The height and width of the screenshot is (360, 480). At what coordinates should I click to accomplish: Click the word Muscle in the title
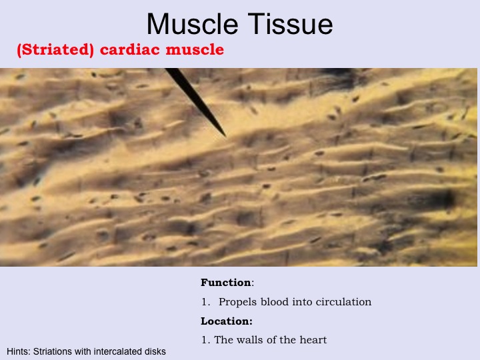(x=192, y=24)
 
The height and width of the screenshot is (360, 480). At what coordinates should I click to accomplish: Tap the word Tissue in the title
(x=290, y=24)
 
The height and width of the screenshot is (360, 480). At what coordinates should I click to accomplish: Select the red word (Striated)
(x=55, y=50)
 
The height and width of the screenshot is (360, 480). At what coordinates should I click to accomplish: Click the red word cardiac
(x=130, y=49)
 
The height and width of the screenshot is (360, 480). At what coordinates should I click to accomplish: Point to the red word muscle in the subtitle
(x=195, y=49)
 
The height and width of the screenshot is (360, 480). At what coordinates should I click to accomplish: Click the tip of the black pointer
(x=225, y=136)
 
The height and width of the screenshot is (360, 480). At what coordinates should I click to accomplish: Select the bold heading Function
(x=226, y=282)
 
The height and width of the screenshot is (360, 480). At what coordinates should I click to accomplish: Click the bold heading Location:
(x=227, y=321)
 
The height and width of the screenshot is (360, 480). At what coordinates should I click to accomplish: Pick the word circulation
(x=343, y=302)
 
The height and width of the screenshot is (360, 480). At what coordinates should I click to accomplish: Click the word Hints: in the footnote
(x=19, y=351)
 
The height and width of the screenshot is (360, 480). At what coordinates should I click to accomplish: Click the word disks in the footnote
(x=155, y=351)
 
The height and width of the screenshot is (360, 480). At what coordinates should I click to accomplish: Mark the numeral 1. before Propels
(x=206, y=302)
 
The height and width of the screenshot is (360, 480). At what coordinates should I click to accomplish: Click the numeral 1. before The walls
(x=206, y=340)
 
